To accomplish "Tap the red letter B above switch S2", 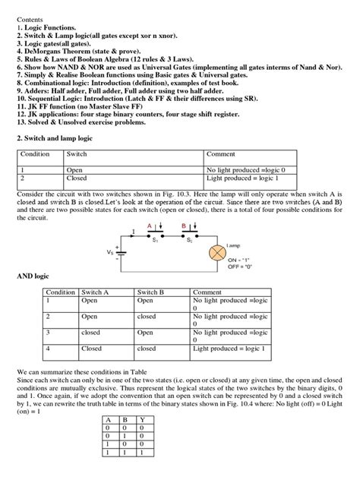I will click(184, 226).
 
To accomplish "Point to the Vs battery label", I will click(111, 251).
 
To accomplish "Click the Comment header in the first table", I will click(221, 153).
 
